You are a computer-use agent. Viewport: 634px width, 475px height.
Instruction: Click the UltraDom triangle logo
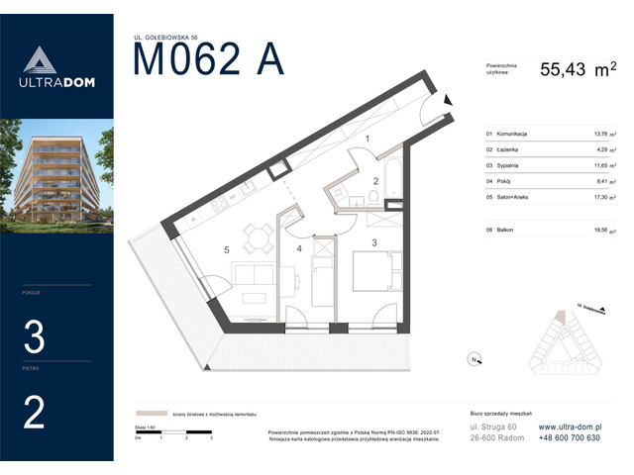coord(35,60)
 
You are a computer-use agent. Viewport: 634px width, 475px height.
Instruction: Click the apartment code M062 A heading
coord(208,60)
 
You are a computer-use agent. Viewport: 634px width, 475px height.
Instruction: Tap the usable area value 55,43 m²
coord(577,69)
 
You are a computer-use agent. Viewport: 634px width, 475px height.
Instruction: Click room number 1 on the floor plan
coord(368,141)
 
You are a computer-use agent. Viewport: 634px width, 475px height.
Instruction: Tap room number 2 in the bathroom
coord(375,181)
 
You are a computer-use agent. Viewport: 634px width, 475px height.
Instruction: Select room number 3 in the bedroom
coord(373,241)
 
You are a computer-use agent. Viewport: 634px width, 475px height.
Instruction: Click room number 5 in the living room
coord(227,250)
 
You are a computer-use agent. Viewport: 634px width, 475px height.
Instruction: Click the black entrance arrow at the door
coord(448,99)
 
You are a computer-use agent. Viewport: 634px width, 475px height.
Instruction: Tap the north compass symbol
coord(475,359)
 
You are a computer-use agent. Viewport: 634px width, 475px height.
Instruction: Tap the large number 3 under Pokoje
coord(34,339)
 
